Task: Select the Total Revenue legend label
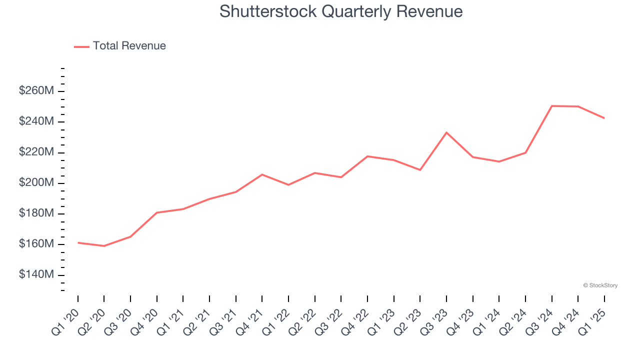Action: (x=129, y=46)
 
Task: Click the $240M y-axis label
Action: (x=36, y=121)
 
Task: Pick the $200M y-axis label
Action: (x=36, y=183)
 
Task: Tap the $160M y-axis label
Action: (x=36, y=244)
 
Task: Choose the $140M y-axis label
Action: (x=36, y=274)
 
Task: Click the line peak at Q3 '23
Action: (x=446, y=132)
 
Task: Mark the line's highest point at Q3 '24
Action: (x=551, y=106)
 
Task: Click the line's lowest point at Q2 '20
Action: (x=104, y=246)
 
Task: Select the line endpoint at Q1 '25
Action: (x=604, y=118)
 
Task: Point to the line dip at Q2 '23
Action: (x=420, y=170)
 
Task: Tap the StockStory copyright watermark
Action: (x=600, y=285)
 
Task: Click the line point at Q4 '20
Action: (x=156, y=212)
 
